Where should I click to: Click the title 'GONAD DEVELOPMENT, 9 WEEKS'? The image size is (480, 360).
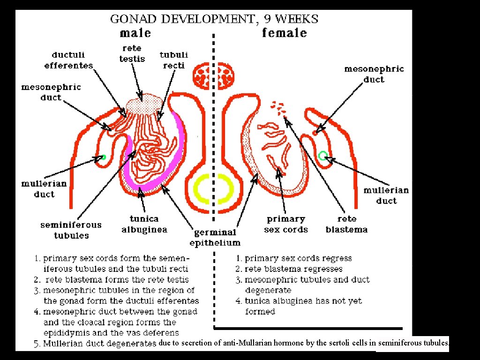(x=214, y=19)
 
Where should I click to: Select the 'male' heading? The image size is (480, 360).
(x=135, y=33)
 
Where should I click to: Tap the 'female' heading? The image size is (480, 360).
(x=284, y=33)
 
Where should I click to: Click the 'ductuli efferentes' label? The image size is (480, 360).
(x=68, y=60)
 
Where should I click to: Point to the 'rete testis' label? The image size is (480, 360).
(x=132, y=53)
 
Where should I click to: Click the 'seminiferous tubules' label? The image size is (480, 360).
(x=71, y=230)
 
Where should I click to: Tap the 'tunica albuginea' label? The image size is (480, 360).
(x=144, y=224)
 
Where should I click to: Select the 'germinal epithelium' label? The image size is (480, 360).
(x=215, y=237)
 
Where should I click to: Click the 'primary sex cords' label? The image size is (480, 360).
(x=286, y=224)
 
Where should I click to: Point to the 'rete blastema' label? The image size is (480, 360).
(x=346, y=224)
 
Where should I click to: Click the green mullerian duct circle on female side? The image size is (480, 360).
(x=323, y=155)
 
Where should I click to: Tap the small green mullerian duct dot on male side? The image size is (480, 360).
(x=104, y=157)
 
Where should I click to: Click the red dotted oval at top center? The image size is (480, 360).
(x=214, y=76)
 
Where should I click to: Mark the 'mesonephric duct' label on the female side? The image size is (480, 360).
(x=374, y=74)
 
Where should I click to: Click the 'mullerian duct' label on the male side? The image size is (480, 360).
(x=44, y=188)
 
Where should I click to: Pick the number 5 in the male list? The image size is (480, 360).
(x=37, y=344)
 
